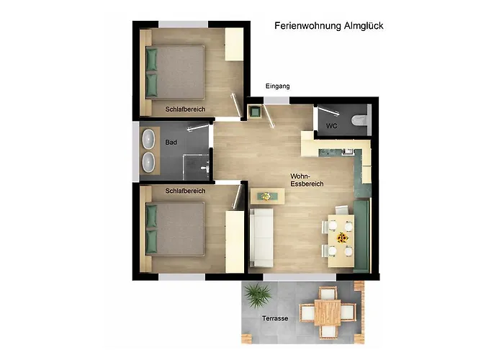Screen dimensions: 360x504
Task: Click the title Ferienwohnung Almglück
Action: [x=328, y=25]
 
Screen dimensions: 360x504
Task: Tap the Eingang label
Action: [x=277, y=86]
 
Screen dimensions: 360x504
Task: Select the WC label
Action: [x=331, y=126]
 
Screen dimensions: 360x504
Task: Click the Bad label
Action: [x=171, y=143]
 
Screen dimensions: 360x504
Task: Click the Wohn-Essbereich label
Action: [x=307, y=180]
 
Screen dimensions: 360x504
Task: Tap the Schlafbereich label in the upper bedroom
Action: [x=185, y=109]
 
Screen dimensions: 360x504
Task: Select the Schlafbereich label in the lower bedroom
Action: [x=185, y=191]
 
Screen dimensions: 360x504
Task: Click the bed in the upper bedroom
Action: [x=175, y=72]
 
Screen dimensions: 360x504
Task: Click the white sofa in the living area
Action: [x=261, y=236]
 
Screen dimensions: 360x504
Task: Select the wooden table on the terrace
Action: [x=328, y=312]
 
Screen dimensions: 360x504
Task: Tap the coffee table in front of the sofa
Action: [x=267, y=195]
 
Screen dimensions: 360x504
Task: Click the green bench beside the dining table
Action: [x=361, y=234]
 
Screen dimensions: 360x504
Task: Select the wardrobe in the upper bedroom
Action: [x=234, y=45]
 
